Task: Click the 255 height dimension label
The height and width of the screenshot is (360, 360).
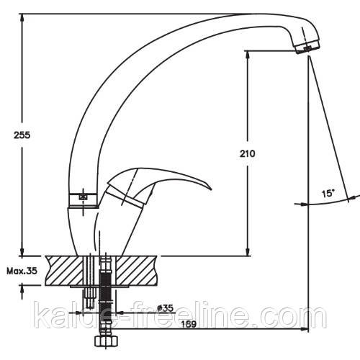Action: [x=22, y=135]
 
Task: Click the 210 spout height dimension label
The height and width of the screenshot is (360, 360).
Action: [x=248, y=153]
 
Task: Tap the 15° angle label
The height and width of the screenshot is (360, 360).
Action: [x=328, y=193]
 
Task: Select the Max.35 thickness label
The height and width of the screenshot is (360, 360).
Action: [x=22, y=271]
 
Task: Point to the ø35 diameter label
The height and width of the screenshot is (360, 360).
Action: [x=165, y=308]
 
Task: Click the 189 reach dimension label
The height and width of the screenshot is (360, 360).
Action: [x=189, y=324]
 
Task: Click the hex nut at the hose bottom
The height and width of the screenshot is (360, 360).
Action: [x=106, y=341]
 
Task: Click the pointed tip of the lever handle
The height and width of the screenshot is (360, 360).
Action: [x=210, y=189]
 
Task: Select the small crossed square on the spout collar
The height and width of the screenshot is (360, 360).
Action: [x=83, y=197]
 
